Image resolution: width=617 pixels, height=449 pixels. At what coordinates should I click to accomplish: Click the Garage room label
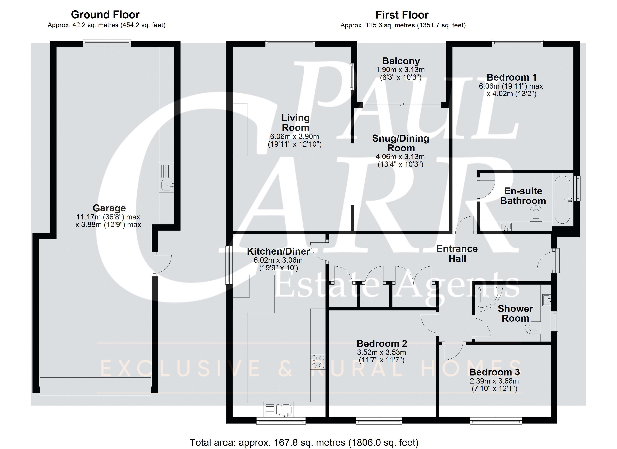click(x=109, y=208)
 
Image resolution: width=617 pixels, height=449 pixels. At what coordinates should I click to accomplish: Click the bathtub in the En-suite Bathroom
click(x=562, y=200)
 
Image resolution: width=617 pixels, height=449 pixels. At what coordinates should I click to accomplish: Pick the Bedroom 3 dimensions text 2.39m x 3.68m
click(x=494, y=381)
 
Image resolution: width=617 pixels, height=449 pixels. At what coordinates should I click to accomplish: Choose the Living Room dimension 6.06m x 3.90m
click(x=295, y=136)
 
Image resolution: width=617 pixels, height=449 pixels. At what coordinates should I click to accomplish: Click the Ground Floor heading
click(x=105, y=14)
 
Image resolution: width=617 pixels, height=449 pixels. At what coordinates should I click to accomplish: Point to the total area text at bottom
click(x=304, y=442)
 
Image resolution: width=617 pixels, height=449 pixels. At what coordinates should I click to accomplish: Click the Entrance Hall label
click(x=457, y=253)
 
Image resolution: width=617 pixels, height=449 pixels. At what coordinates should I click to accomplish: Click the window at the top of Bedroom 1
click(x=517, y=43)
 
